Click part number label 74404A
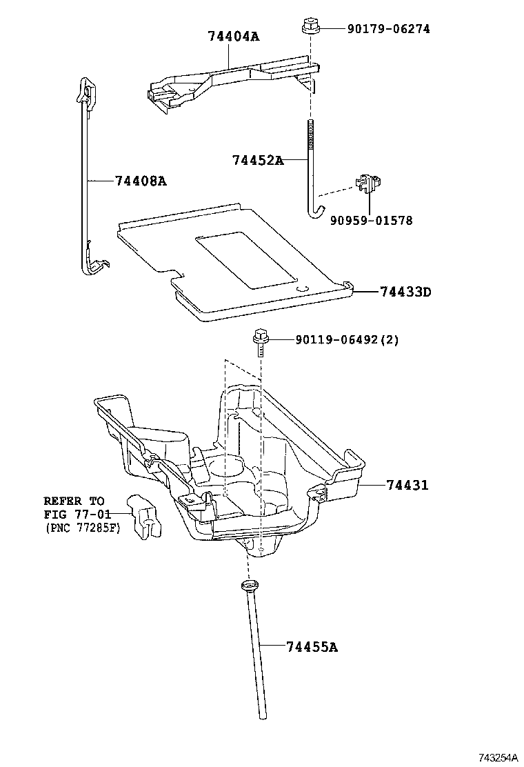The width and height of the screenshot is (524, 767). pyautogui.click(x=233, y=36)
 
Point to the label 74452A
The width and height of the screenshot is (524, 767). pyautogui.click(x=258, y=160)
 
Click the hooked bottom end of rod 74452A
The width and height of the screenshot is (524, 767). pyautogui.click(x=314, y=211)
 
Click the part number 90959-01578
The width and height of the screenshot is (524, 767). pyautogui.click(x=371, y=221)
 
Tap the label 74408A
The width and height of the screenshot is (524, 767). pyautogui.click(x=141, y=181)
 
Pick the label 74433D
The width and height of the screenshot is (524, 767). pyautogui.click(x=405, y=292)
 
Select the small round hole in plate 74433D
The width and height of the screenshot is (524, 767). pyautogui.click(x=301, y=289)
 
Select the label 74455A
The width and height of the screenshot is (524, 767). pyautogui.click(x=312, y=647)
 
